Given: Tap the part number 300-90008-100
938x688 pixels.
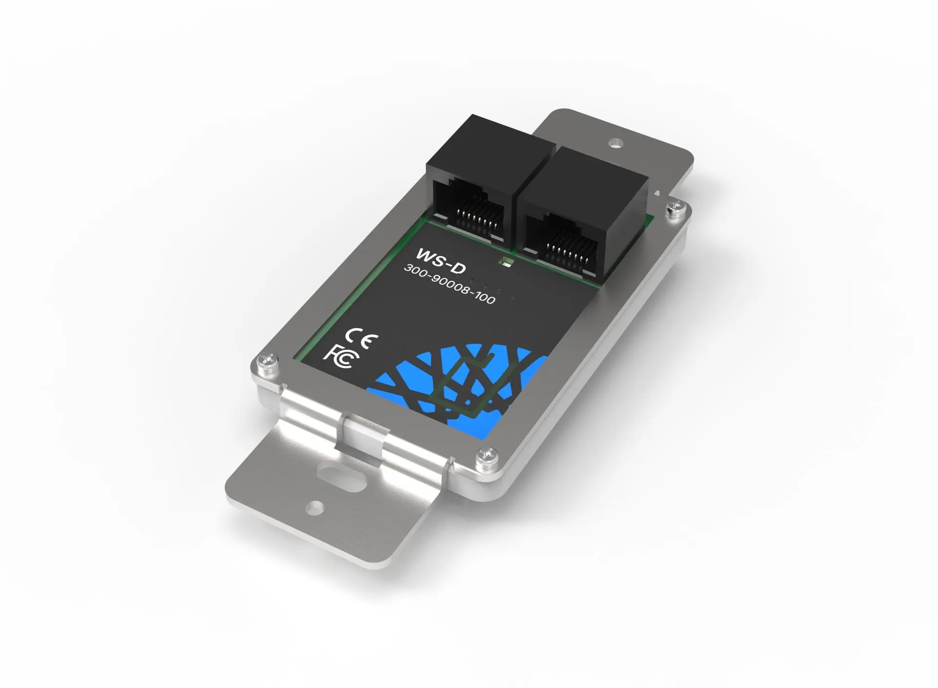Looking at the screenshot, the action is (449, 285).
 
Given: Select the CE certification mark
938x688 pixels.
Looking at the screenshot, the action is (361, 337).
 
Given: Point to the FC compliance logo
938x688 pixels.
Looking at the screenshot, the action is (341, 357).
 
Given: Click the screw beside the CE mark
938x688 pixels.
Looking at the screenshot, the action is (267, 362).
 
